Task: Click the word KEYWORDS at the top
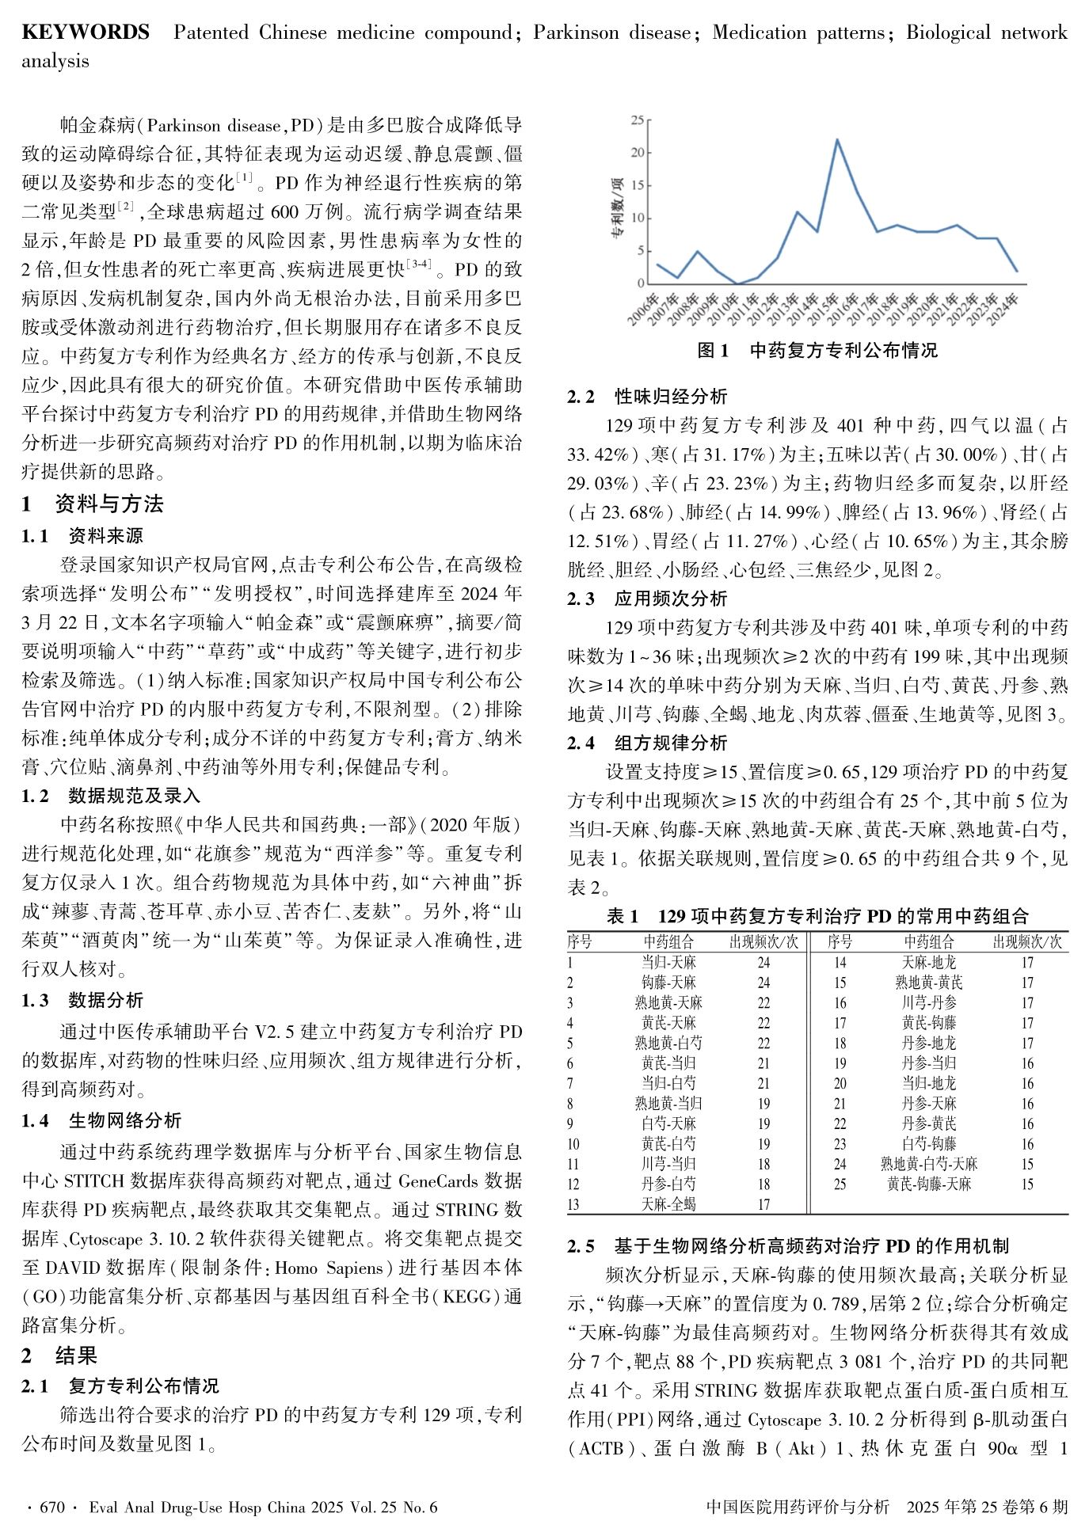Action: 86,32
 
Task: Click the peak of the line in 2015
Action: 837,140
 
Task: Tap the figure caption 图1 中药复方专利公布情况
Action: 817,351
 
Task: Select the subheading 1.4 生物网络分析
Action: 101,1120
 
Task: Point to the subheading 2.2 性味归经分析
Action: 647,397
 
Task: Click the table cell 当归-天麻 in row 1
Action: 668,963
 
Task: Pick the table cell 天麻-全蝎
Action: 668,1204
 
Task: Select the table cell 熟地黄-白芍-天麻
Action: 929,1164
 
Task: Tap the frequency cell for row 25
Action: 1027,1184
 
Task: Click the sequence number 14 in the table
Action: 840,963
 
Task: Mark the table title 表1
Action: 623,917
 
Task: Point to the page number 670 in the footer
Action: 52,1507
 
